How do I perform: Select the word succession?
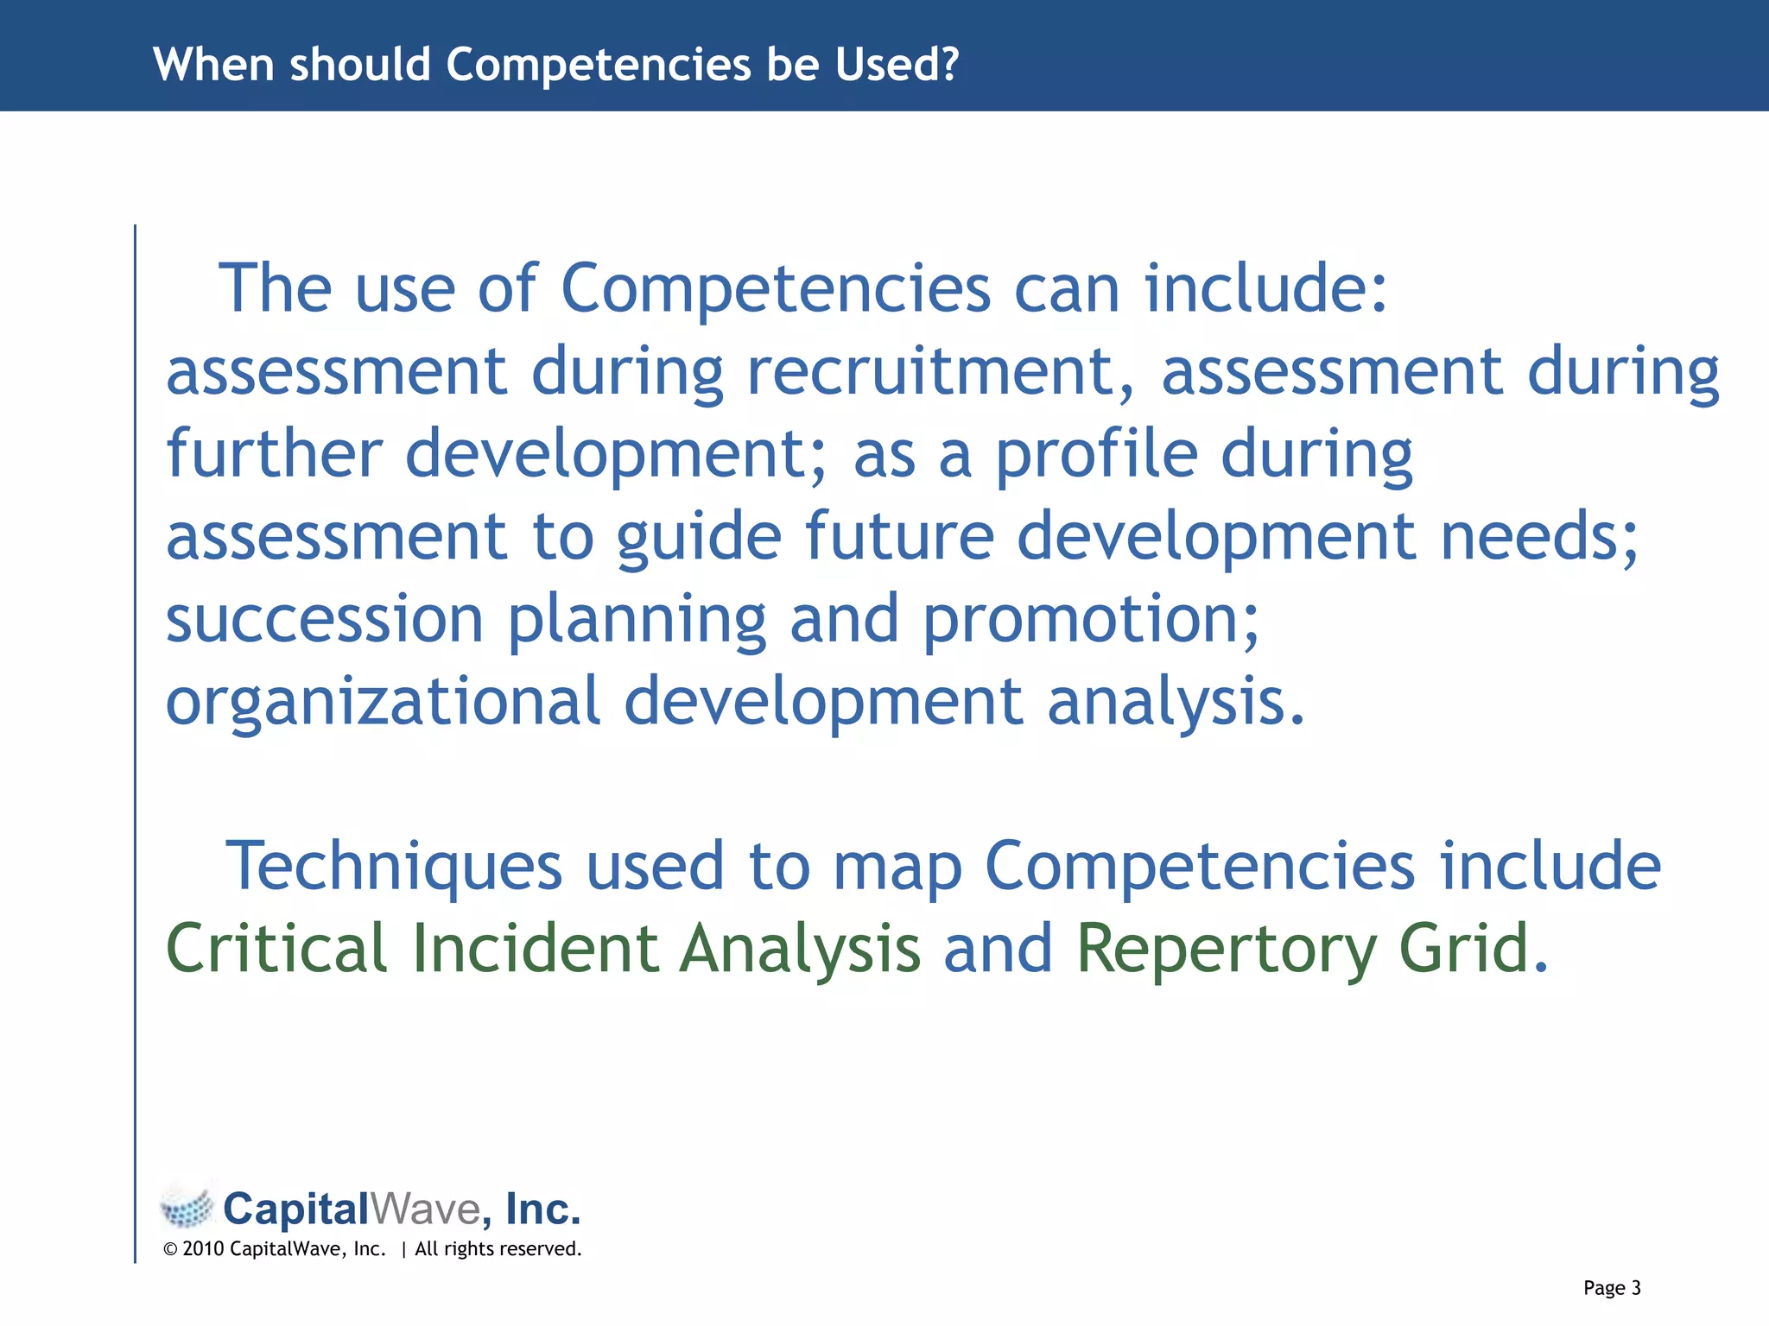click(x=324, y=619)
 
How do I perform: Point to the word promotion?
click(x=1090, y=619)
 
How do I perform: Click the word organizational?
click(x=383, y=701)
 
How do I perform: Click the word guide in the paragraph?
click(x=699, y=537)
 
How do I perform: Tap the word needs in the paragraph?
click(x=1538, y=537)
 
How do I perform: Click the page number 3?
click(x=1635, y=1288)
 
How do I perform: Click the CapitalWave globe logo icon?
click(x=187, y=1208)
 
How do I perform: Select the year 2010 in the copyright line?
click(x=203, y=1249)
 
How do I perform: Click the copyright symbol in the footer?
click(x=170, y=1249)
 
